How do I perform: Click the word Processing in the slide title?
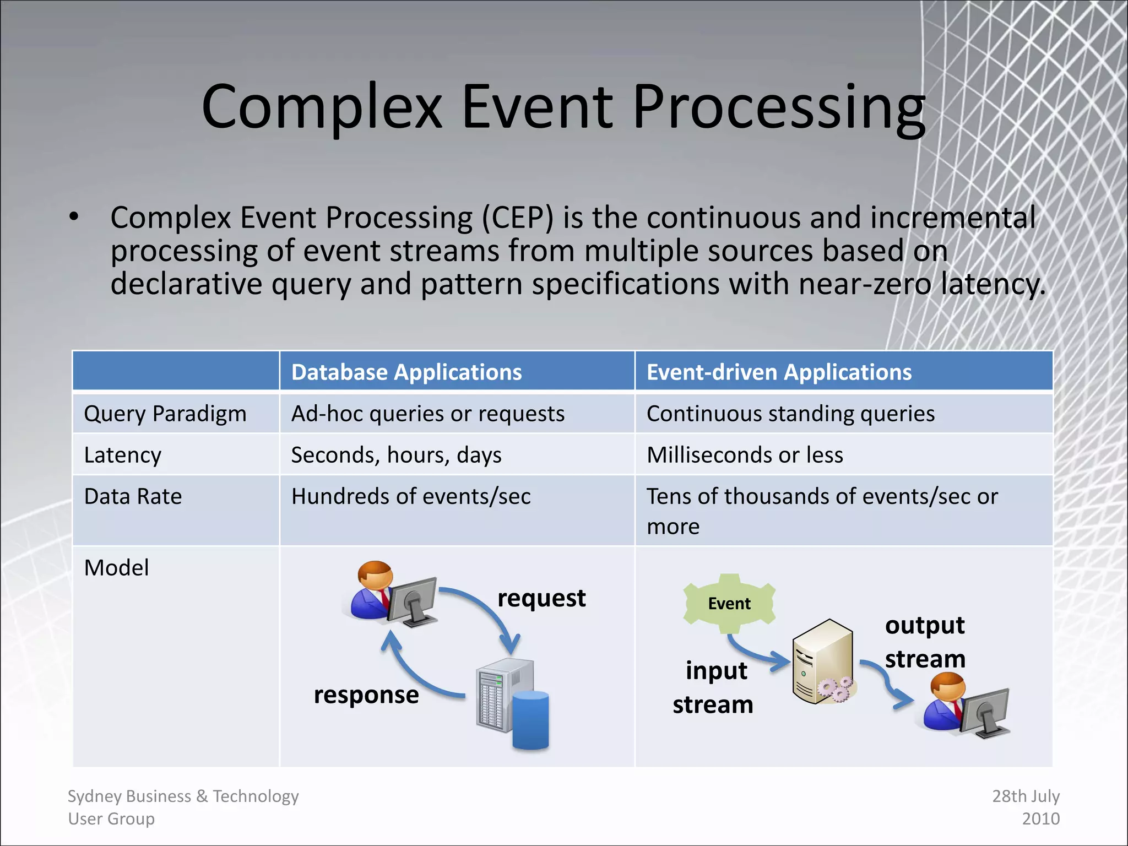click(x=779, y=107)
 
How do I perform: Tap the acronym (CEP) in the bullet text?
click(x=517, y=218)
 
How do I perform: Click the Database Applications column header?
click(x=406, y=372)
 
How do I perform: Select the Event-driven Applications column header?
click(x=778, y=372)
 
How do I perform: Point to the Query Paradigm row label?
click(x=165, y=414)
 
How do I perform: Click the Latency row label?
click(x=122, y=455)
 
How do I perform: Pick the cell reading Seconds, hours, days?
click(x=395, y=455)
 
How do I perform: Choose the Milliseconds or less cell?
click(x=744, y=455)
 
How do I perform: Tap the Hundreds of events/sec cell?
click(x=410, y=496)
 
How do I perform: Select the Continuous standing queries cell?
click(x=790, y=414)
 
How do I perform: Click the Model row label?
click(x=116, y=568)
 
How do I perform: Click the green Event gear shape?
click(x=729, y=604)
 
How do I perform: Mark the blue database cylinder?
click(x=530, y=720)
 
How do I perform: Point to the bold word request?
click(x=541, y=598)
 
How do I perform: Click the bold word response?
click(x=366, y=695)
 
